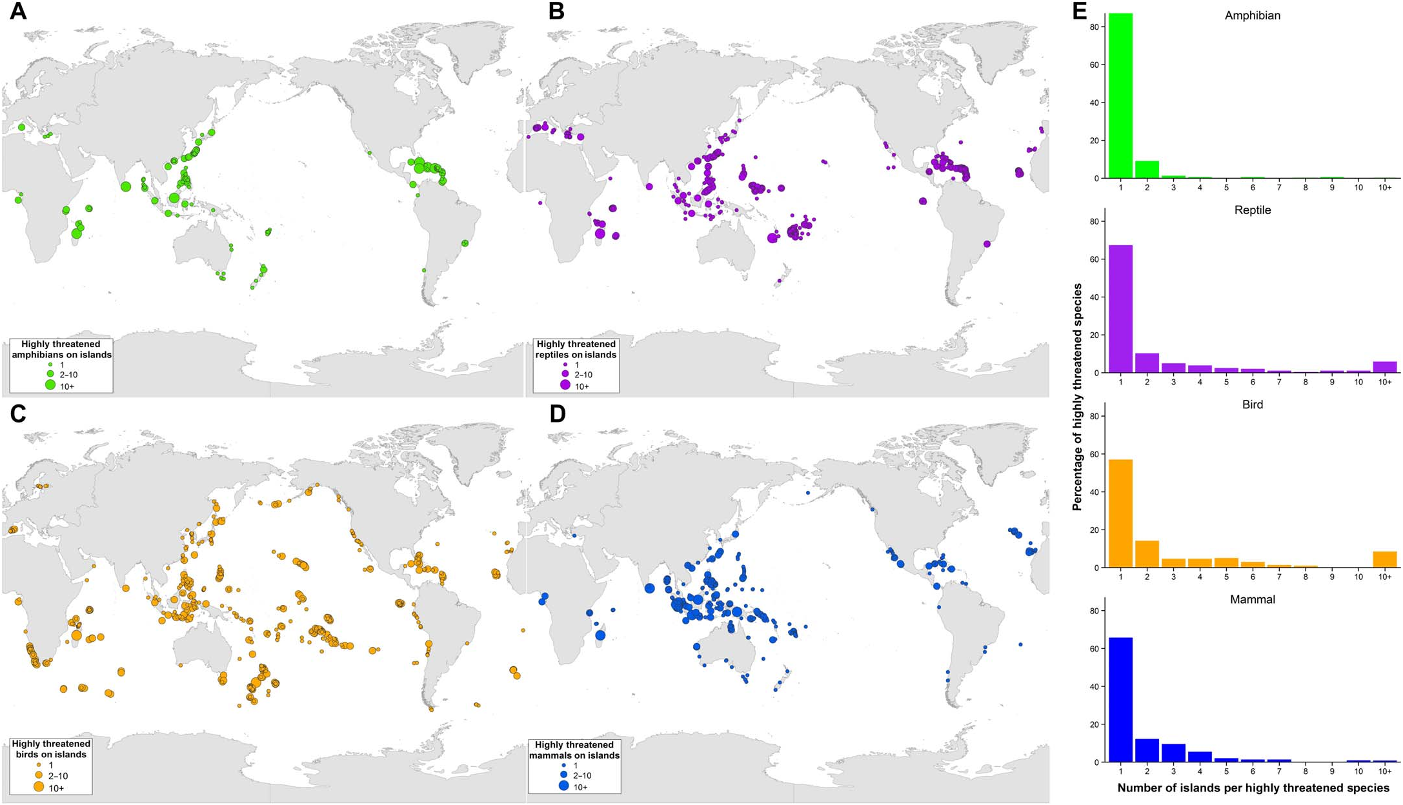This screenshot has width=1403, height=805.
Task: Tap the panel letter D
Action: tap(557, 413)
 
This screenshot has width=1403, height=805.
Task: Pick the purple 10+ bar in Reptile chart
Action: tap(1384, 367)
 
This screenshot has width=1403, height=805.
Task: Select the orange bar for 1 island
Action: tap(1120, 513)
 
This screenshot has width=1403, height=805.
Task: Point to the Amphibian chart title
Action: tap(1252, 15)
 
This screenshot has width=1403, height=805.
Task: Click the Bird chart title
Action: tap(1252, 404)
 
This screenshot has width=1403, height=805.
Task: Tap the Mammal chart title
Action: tap(1252, 599)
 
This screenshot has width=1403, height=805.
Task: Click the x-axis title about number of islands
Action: tap(1253, 788)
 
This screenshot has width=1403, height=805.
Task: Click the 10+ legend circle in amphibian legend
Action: tap(50, 385)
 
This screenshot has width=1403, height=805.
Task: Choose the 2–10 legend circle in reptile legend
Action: tap(565, 374)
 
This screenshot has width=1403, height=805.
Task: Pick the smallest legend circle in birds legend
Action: tap(39, 765)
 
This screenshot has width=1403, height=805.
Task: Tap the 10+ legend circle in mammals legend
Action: tap(564, 786)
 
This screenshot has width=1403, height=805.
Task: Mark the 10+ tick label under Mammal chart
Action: tap(1384, 771)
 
